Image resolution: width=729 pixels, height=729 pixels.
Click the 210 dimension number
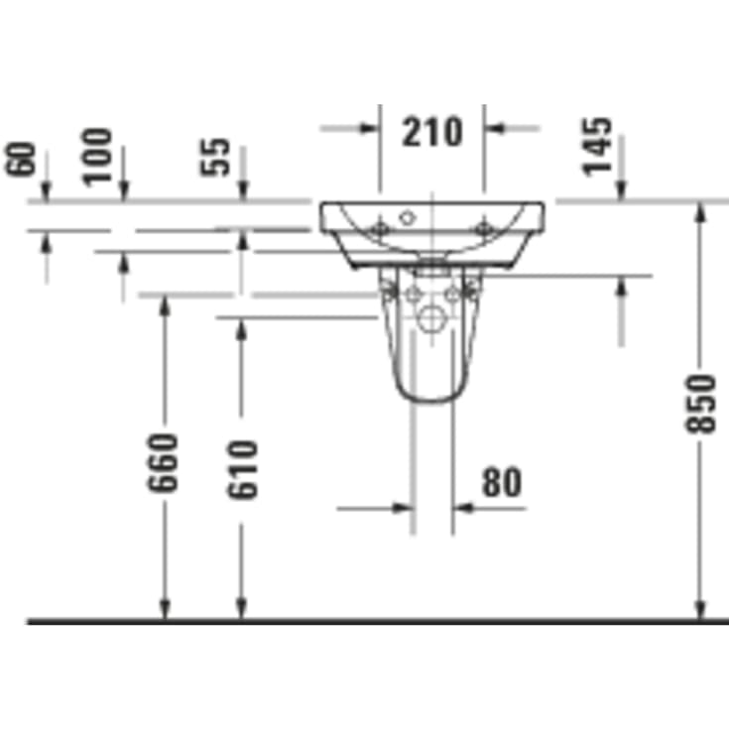[x=432, y=131]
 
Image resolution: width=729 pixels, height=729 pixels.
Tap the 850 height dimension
[x=700, y=404]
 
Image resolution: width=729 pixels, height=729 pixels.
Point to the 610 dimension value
[x=241, y=468]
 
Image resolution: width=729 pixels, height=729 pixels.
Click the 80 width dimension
[x=501, y=483]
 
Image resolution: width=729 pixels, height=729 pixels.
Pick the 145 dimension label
[x=597, y=146]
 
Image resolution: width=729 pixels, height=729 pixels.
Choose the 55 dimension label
[x=218, y=156]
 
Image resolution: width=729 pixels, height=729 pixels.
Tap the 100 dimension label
[x=98, y=155]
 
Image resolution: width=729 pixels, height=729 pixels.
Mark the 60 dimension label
[x=22, y=160]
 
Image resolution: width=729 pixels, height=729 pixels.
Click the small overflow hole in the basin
[x=406, y=215]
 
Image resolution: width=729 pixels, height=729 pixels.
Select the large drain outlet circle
[x=432, y=318]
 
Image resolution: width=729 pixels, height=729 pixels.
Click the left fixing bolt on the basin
[x=378, y=229]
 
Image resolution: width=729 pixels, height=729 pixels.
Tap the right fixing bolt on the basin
[x=483, y=229]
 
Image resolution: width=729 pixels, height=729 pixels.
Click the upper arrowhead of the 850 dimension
[x=700, y=209]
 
